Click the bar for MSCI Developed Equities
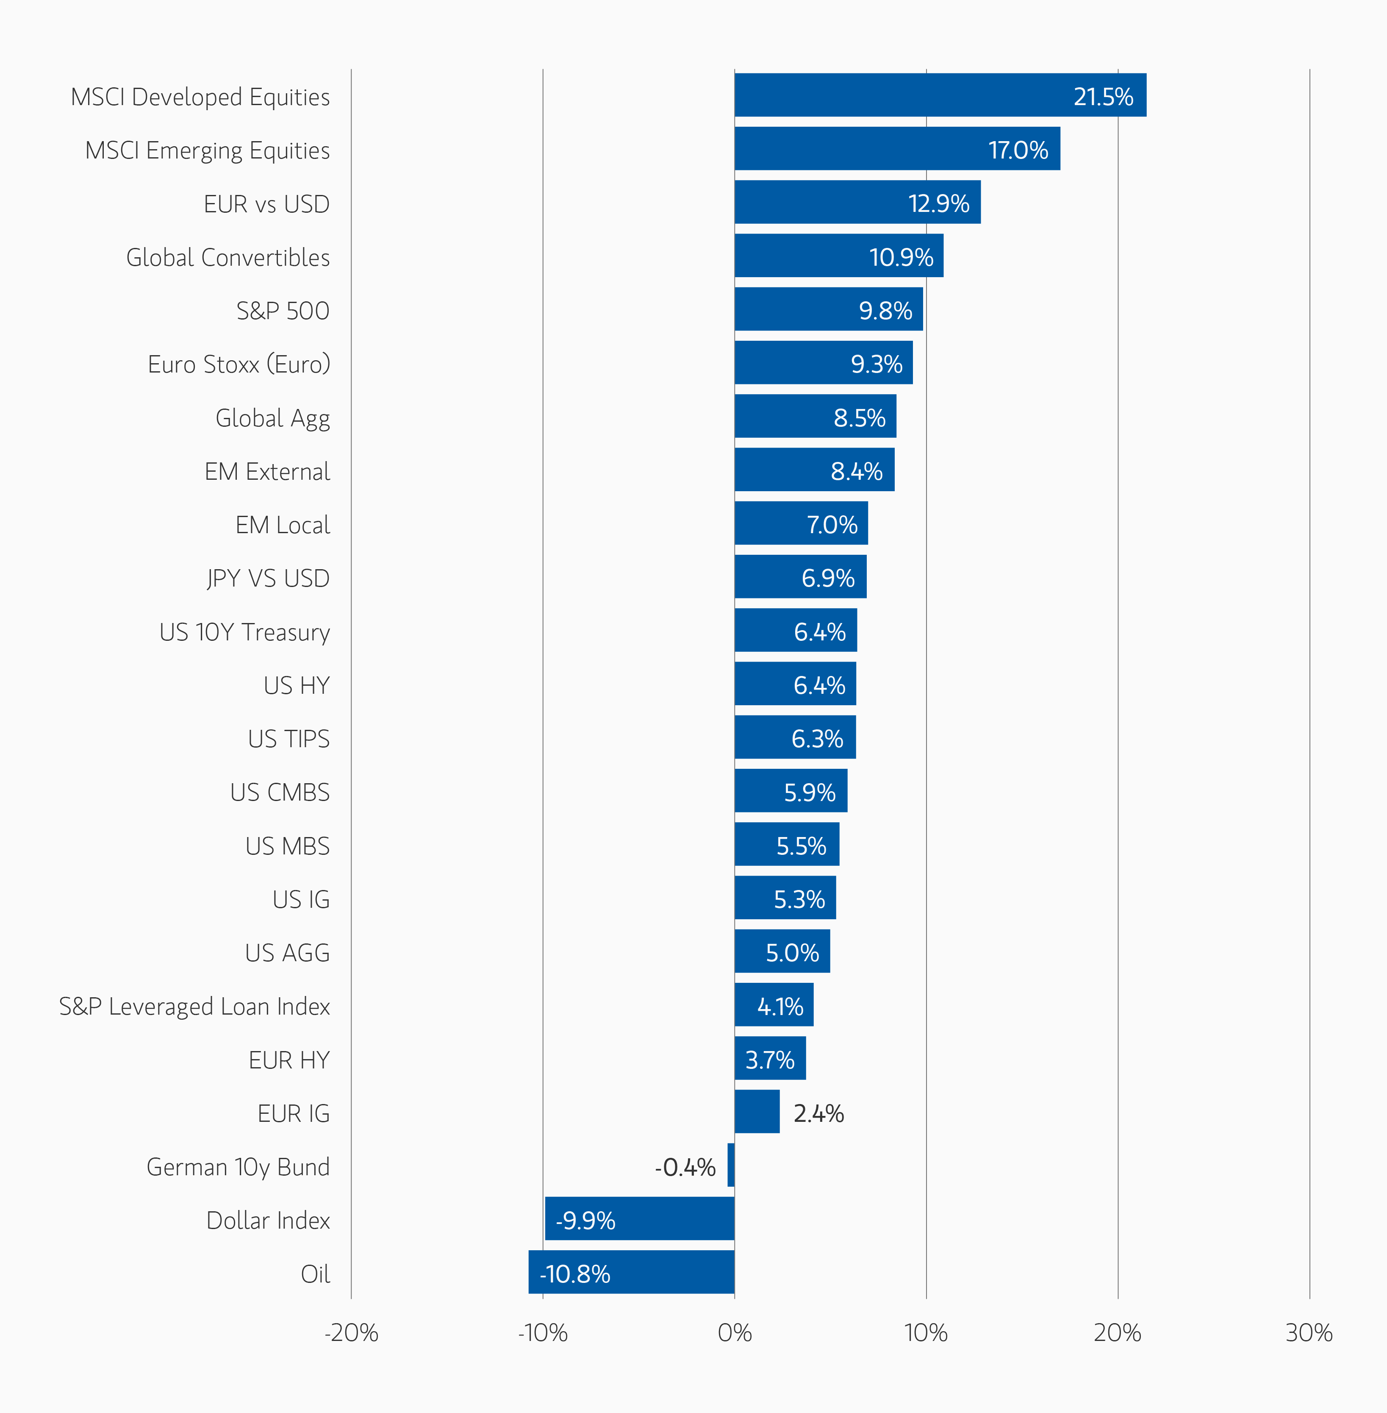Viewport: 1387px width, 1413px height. (x=940, y=95)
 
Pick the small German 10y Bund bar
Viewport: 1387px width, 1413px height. (x=731, y=1165)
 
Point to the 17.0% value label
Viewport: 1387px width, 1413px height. (x=1018, y=150)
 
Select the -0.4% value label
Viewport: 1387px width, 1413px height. (x=685, y=1168)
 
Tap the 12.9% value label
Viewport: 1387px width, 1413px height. (x=938, y=203)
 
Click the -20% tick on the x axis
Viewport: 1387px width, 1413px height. (x=351, y=1333)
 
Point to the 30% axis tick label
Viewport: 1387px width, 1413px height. (x=1308, y=1333)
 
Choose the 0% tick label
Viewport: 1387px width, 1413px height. (x=734, y=1333)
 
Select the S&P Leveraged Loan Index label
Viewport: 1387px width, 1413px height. (x=194, y=1007)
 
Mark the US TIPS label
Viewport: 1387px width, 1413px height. (x=288, y=739)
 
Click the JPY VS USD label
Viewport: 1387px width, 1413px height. (x=268, y=579)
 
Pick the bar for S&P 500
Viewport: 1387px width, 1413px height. (x=828, y=309)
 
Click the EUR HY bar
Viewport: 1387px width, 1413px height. (x=770, y=1058)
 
